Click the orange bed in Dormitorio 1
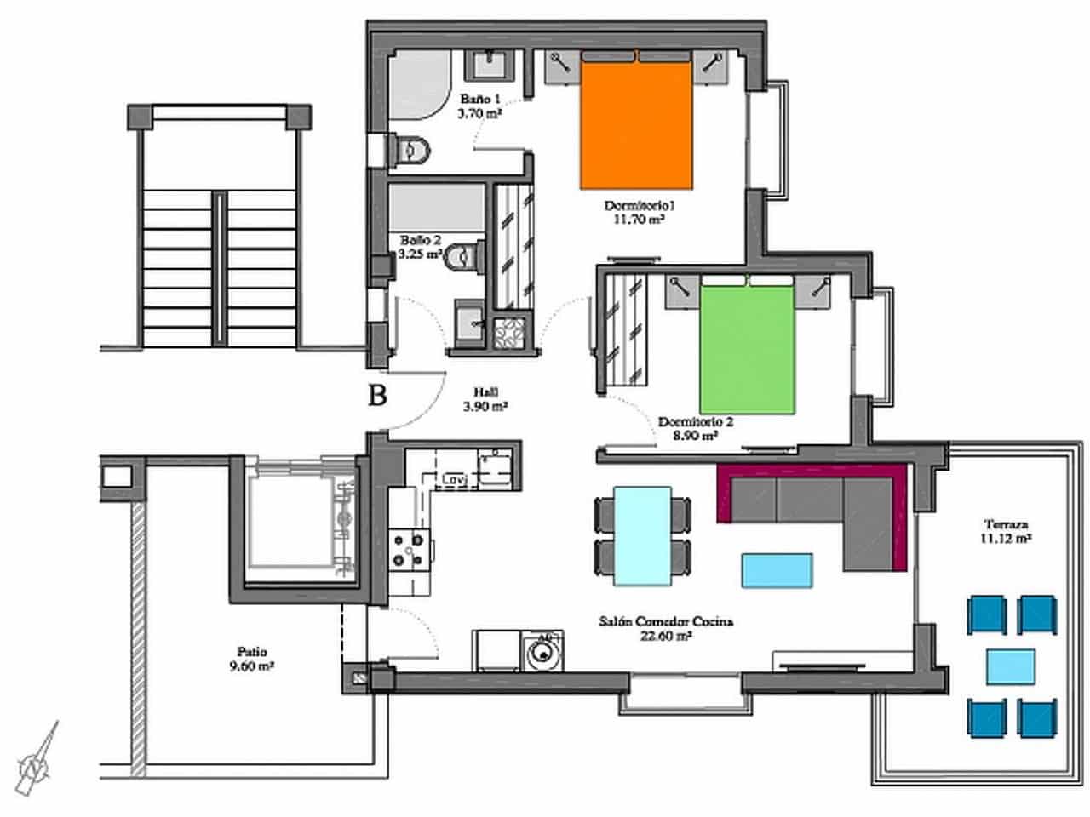point(635,123)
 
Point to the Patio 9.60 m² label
point(251,660)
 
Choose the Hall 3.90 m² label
point(485,399)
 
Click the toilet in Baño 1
point(410,151)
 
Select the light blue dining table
point(642,535)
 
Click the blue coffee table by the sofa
point(777,570)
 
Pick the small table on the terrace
point(1012,667)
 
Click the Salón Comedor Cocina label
point(666,622)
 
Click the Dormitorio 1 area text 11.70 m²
point(639,219)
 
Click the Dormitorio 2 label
point(695,421)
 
